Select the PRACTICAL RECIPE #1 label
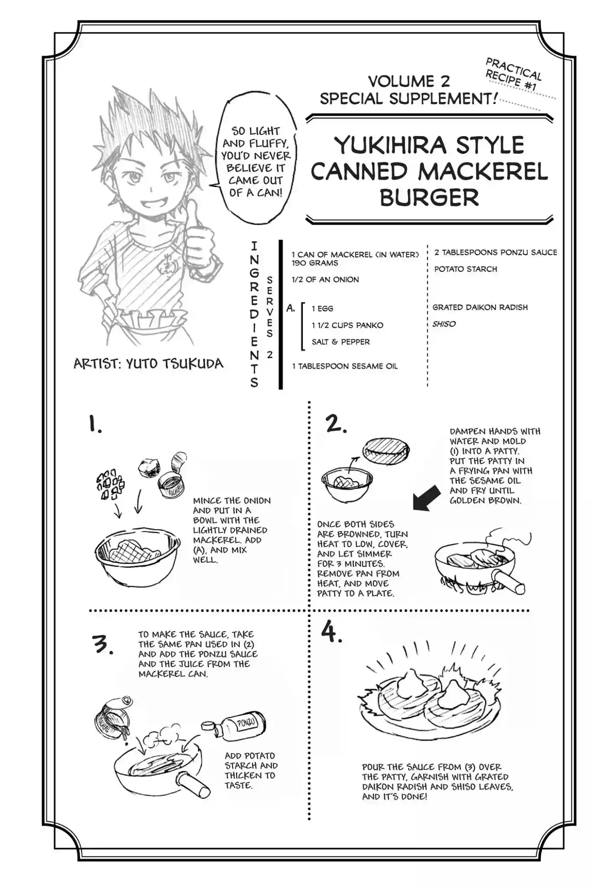coord(513,74)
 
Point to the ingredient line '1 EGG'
coord(322,309)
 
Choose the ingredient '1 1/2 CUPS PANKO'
coord(347,325)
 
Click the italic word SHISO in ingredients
coord(444,324)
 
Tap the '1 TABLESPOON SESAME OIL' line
coord(345,366)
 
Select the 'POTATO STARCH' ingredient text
coord(465,269)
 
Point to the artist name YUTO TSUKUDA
coord(175,363)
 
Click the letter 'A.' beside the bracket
coord(291,309)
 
